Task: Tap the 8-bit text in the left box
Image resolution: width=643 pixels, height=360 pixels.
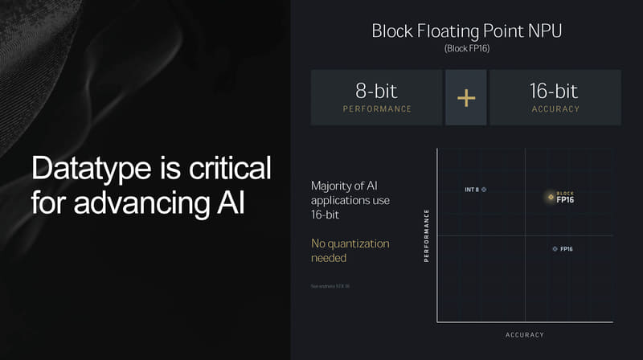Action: (377, 91)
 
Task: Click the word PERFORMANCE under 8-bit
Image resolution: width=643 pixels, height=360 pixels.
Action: (377, 109)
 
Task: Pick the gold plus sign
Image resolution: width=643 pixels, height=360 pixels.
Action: (466, 97)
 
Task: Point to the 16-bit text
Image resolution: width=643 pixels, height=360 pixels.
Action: (555, 91)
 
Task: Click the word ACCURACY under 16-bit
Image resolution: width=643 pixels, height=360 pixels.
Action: (555, 109)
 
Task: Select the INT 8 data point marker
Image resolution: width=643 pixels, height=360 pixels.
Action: (484, 190)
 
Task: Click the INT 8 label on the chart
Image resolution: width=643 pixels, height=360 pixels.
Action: (472, 190)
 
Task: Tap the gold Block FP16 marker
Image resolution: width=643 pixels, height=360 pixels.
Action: (551, 196)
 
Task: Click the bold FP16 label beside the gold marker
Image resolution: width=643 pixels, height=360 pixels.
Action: (565, 199)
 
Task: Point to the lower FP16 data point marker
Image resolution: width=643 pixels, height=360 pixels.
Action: (555, 249)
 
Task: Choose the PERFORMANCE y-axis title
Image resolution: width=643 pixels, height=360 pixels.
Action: (426, 235)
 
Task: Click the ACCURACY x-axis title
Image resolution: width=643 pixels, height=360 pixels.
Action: (525, 334)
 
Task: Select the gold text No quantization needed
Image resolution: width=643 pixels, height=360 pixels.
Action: (350, 250)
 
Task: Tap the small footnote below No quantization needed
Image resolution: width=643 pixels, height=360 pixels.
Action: (330, 286)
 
